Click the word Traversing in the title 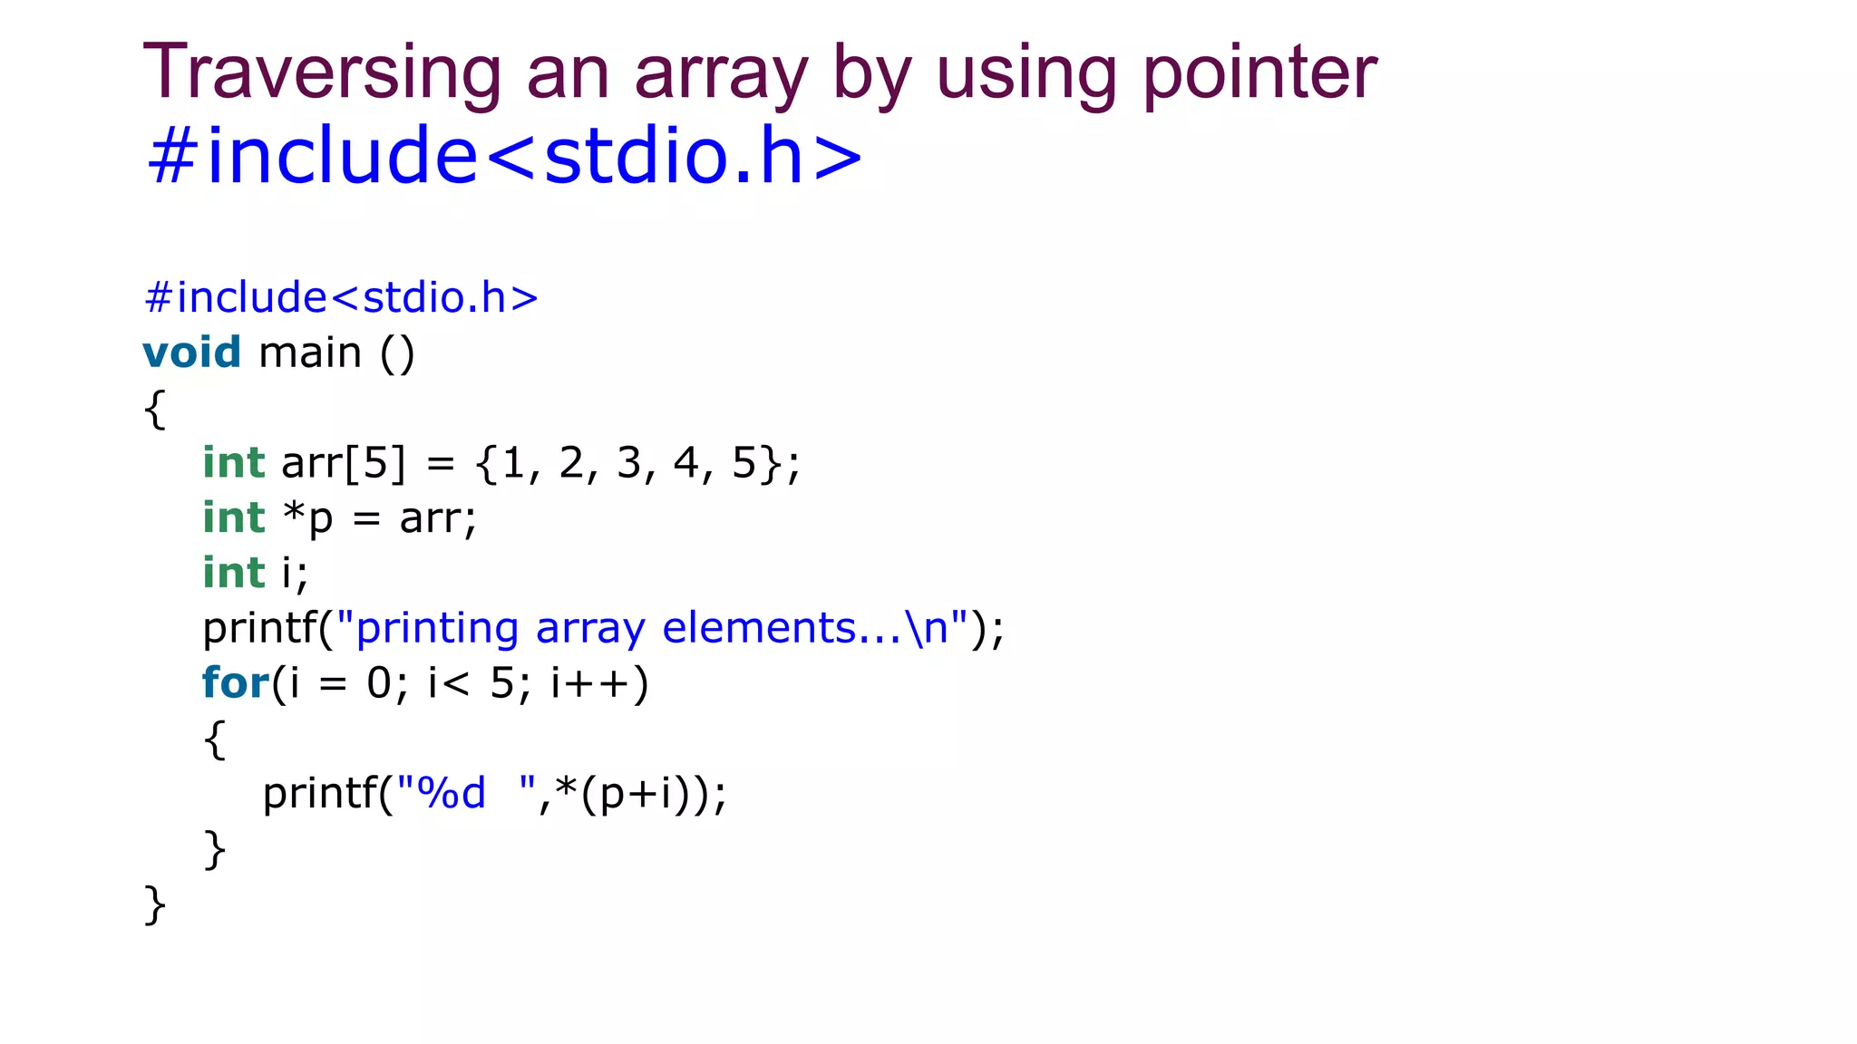pos(322,72)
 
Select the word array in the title pos(721,74)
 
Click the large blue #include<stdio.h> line pos(504,156)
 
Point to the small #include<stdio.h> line pos(341,297)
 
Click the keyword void pos(191,352)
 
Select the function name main pos(310,352)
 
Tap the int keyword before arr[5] pos(233,462)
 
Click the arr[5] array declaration pos(344,463)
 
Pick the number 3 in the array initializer pos(628,463)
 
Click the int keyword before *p pos(233,517)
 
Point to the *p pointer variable pos(308,519)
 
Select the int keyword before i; pos(233,573)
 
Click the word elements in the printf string pos(759,628)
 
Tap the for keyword pos(235,682)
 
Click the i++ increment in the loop pos(599,683)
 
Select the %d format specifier pos(452,793)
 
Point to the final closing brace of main pos(155,904)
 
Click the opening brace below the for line pos(214,739)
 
